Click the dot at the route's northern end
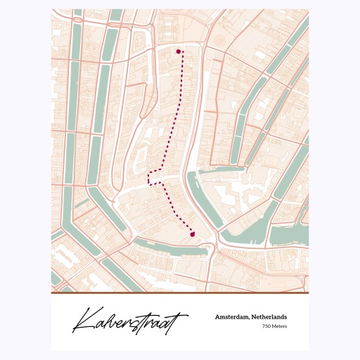tap(179, 51)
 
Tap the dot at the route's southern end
tap(192, 235)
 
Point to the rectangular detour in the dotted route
tap(155, 176)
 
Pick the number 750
tap(266, 326)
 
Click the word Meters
tap(279, 326)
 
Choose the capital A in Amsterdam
tap(218, 317)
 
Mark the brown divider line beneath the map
tap(180, 292)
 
